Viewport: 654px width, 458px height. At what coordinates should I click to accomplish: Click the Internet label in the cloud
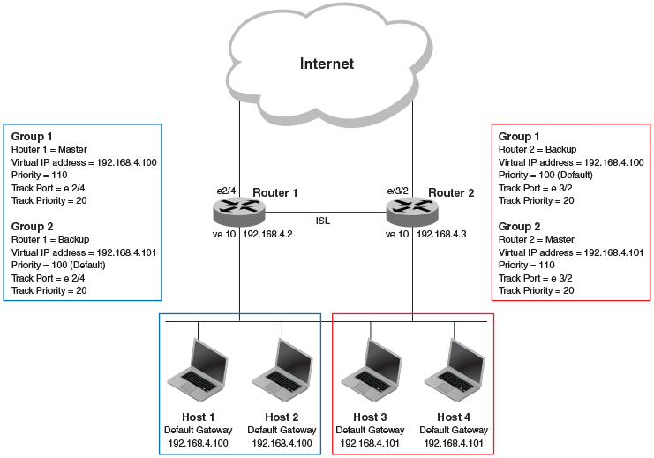pos(327,64)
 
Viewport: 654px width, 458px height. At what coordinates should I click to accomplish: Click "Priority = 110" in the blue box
pos(40,176)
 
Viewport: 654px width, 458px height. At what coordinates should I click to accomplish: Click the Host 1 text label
pos(199,417)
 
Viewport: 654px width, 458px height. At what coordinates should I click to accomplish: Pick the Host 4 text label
pos(455,417)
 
